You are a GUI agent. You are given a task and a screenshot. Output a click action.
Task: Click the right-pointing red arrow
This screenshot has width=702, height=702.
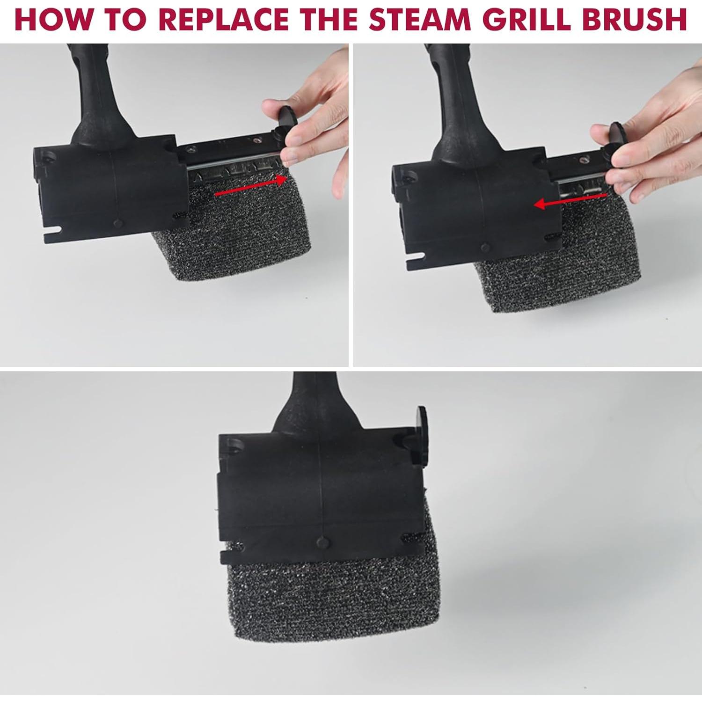click(250, 186)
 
